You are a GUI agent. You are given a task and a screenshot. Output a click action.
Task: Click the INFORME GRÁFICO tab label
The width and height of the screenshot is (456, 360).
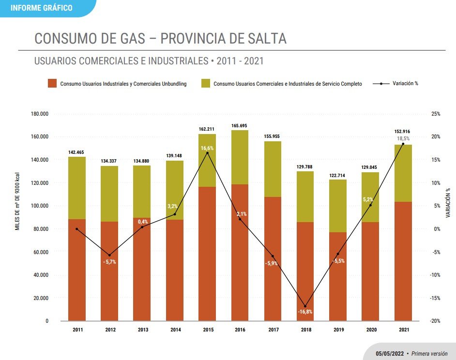pyautogui.click(x=41, y=8)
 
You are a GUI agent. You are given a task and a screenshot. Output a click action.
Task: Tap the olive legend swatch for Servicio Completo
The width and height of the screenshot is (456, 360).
pyautogui.click(x=205, y=83)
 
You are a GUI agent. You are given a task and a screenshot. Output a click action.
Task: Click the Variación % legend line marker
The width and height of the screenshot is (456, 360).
pyautogui.click(x=381, y=83)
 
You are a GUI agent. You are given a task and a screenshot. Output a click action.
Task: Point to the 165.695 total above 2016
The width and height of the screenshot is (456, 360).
pyautogui.click(x=240, y=126)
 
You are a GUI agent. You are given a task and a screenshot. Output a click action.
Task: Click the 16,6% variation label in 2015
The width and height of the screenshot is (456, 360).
pyautogui.click(x=207, y=148)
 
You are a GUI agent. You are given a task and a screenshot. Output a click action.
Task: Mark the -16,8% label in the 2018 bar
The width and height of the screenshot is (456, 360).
pyautogui.click(x=305, y=312)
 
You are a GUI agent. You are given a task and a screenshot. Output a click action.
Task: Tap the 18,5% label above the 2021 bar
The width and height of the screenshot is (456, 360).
pyautogui.click(x=403, y=138)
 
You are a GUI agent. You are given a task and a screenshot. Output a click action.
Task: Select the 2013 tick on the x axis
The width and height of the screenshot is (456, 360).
pyautogui.click(x=143, y=330)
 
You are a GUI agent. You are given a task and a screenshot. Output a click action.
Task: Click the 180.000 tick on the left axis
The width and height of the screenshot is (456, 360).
pyautogui.click(x=40, y=114)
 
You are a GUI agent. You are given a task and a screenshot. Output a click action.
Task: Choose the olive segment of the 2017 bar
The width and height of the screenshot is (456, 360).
pyautogui.click(x=273, y=169)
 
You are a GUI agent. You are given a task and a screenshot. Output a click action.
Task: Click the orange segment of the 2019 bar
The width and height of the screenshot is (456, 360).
pyautogui.click(x=338, y=276)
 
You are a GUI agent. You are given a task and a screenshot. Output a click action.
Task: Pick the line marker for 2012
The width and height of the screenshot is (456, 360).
pyautogui.click(x=109, y=255)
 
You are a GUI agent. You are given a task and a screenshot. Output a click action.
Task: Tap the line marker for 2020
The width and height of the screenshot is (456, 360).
pyautogui.click(x=370, y=205)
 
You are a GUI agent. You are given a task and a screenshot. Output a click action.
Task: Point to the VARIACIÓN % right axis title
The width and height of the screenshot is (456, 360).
pyautogui.click(x=448, y=202)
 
